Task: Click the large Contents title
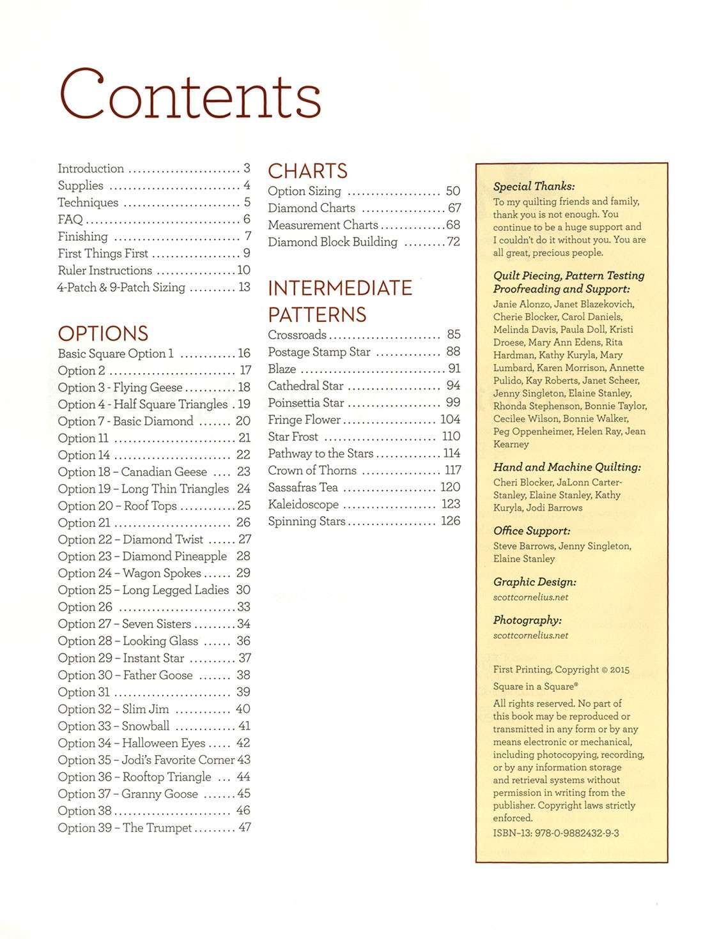(x=190, y=97)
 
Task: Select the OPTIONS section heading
(x=103, y=333)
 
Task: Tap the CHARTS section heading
(x=307, y=171)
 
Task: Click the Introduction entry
(x=91, y=169)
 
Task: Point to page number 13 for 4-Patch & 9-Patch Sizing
(x=244, y=287)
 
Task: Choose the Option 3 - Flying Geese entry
(x=120, y=388)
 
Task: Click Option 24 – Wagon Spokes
(x=129, y=574)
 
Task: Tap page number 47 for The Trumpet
(x=244, y=828)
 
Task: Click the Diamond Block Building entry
(x=332, y=242)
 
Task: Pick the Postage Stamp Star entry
(x=319, y=352)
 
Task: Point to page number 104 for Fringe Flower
(x=450, y=420)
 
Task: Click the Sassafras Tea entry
(x=303, y=487)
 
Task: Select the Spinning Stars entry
(x=307, y=521)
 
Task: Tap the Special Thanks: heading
(x=534, y=187)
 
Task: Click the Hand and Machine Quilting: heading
(x=567, y=467)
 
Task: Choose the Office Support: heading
(x=532, y=531)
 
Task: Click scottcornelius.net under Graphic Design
(x=530, y=597)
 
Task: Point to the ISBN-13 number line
(x=556, y=833)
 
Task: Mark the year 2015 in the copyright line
(x=619, y=670)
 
